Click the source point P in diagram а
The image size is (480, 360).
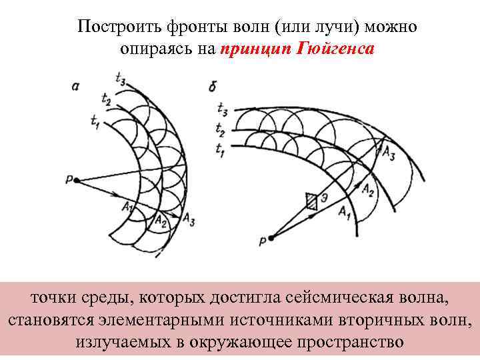(77, 180)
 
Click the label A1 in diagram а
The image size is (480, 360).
(129, 208)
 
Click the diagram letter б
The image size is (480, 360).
(211, 87)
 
